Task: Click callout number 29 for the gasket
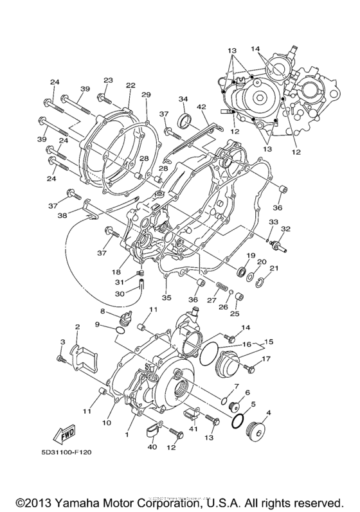coord(146,95)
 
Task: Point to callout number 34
coord(183,99)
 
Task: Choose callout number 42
coord(201,107)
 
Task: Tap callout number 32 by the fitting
coord(285,229)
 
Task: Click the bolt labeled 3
coord(61,359)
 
